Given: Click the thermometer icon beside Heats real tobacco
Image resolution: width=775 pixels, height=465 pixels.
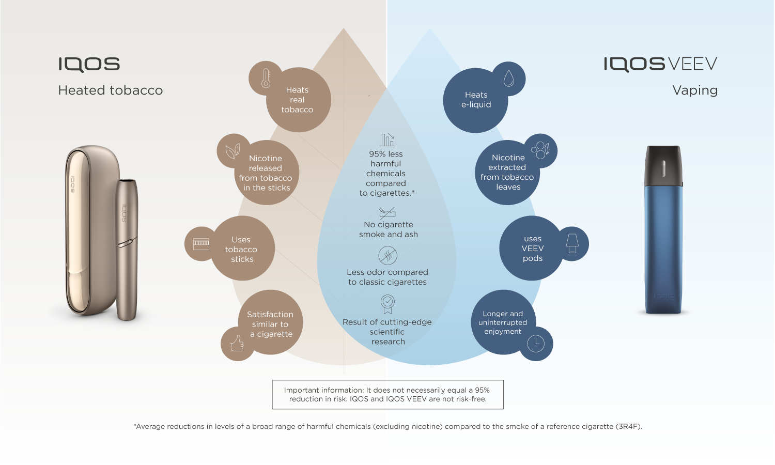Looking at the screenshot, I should click(266, 78).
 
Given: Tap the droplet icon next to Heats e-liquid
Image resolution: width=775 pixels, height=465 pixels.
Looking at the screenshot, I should click(509, 79).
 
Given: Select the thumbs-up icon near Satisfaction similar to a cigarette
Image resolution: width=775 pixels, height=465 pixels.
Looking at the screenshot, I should click(237, 344).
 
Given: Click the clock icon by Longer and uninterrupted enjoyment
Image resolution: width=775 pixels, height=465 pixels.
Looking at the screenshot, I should click(536, 343).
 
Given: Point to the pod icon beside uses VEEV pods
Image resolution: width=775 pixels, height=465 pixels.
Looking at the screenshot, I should click(572, 243).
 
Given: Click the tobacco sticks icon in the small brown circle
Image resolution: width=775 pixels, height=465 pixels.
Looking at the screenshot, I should click(201, 243).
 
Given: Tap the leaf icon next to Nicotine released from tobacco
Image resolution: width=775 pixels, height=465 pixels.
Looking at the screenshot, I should click(233, 151).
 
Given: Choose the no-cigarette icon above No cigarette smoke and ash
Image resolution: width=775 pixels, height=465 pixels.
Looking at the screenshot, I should click(387, 212).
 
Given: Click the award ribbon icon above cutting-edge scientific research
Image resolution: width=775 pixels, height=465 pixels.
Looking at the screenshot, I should click(388, 304).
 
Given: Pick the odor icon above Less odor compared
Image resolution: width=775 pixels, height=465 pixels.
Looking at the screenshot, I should click(388, 255).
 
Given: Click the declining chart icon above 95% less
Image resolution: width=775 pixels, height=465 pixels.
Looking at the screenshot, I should click(388, 139).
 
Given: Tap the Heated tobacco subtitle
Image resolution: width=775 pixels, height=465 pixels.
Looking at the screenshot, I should click(111, 90).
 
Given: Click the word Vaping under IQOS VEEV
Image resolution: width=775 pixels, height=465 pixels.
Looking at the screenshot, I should click(695, 90).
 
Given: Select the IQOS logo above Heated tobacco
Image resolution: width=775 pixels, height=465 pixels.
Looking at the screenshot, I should click(89, 65).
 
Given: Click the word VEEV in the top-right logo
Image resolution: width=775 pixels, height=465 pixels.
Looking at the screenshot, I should click(692, 64).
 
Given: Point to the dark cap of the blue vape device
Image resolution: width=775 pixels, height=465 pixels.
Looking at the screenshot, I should click(663, 164).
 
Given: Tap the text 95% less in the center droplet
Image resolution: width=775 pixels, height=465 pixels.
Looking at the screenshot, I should click(386, 154).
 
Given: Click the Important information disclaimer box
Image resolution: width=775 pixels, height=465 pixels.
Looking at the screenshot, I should click(388, 395).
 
